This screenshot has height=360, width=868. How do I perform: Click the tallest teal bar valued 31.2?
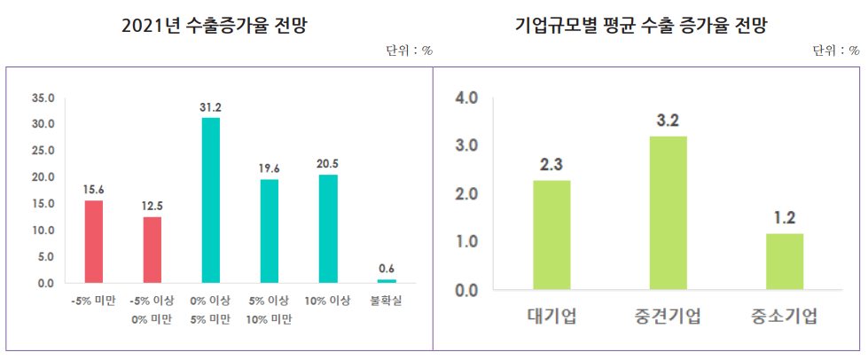(x=211, y=200)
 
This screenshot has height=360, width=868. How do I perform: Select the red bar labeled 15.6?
(x=94, y=242)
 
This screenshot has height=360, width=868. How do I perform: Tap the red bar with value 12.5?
(x=152, y=250)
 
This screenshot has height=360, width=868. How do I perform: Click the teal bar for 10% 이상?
(x=328, y=229)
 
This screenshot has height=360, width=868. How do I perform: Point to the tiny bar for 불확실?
(x=387, y=281)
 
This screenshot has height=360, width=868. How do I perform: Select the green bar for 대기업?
(x=551, y=235)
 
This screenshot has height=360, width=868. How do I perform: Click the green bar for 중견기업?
(x=668, y=213)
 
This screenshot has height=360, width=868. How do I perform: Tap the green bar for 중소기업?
(x=785, y=262)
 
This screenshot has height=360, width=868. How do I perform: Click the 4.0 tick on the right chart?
(x=466, y=98)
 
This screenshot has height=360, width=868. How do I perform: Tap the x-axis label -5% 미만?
(x=93, y=301)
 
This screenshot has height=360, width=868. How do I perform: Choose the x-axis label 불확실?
(x=386, y=301)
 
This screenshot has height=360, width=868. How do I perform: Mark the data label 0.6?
(x=387, y=269)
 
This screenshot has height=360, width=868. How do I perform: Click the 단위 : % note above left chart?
(x=409, y=51)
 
